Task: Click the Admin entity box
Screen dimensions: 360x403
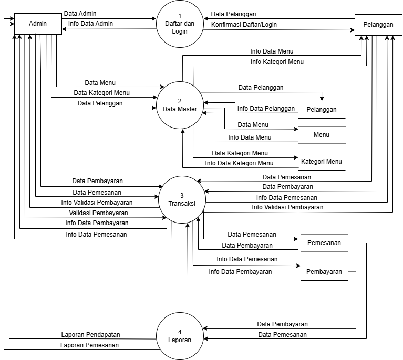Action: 37,24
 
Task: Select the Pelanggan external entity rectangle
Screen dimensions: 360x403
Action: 377,25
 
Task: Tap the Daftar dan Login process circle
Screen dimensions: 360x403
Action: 180,24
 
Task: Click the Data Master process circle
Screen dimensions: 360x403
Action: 180,105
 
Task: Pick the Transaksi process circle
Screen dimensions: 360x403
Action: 180,198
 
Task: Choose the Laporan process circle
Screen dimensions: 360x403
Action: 180,336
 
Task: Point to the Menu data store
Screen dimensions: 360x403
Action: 322,135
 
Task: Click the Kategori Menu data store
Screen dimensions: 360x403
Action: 322,162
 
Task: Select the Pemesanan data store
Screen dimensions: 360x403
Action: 324,243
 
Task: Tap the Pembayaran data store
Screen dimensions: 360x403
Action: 324,272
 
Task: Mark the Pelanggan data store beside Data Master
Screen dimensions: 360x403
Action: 322,110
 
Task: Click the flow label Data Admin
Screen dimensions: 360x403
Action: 80,13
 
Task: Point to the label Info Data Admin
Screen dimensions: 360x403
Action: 90,24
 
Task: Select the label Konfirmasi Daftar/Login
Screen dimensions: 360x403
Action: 244,24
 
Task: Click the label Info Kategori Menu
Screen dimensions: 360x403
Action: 277,62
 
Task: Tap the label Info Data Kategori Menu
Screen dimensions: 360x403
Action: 239,163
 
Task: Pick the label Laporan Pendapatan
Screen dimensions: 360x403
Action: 91,334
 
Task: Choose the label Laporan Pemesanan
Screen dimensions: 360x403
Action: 89,345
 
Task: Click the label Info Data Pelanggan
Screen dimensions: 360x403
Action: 266,109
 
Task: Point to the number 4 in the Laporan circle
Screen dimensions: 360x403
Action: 180,332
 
